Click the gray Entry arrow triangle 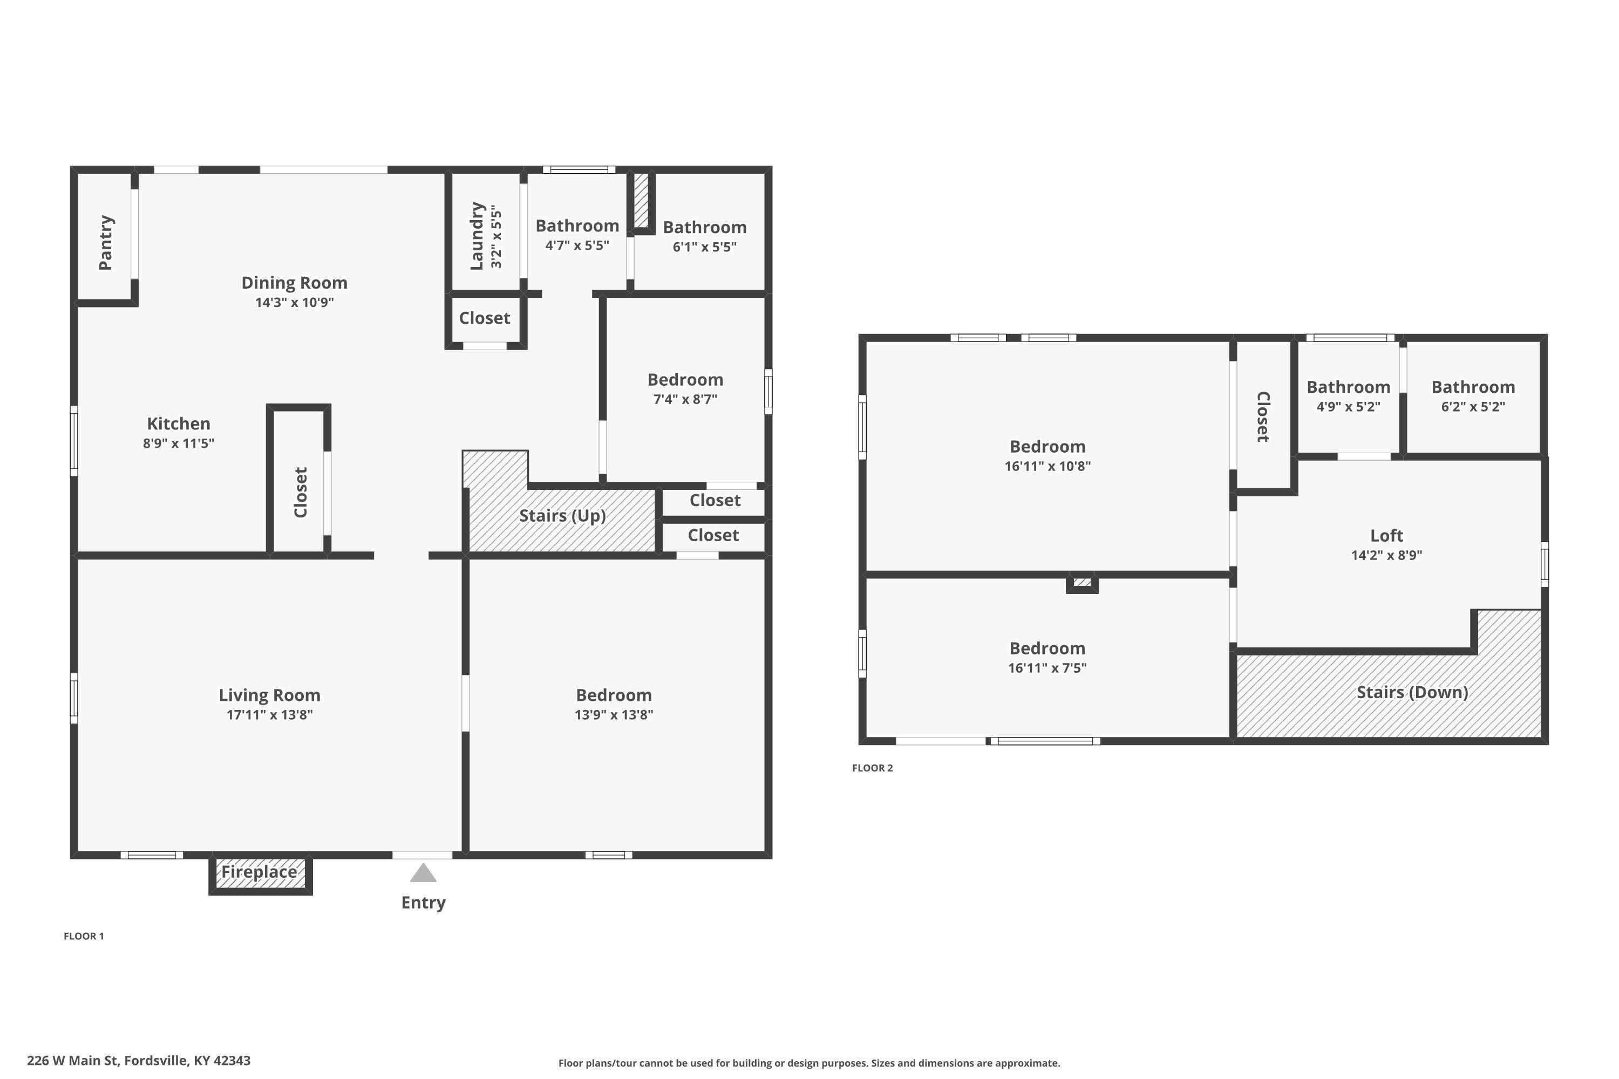click(423, 873)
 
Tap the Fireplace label click(259, 872)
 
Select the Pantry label click(105, 243)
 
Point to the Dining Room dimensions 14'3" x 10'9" click(295, 302)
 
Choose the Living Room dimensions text click(270, 714)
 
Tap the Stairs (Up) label click(562, 516)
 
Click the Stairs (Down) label click(1412, 692)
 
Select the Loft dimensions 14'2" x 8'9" click(1386, 555)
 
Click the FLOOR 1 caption click(84, 936)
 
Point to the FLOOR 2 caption click(872, 768)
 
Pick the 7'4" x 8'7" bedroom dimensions click(685, 399)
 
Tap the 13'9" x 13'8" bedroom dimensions click(614, 714)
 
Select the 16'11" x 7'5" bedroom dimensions click(1047, 667)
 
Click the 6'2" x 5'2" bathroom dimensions click(1473, 406)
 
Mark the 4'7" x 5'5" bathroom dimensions click(577, 245)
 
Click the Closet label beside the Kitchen click(300, 492)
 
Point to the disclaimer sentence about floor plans click(809, 1063)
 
